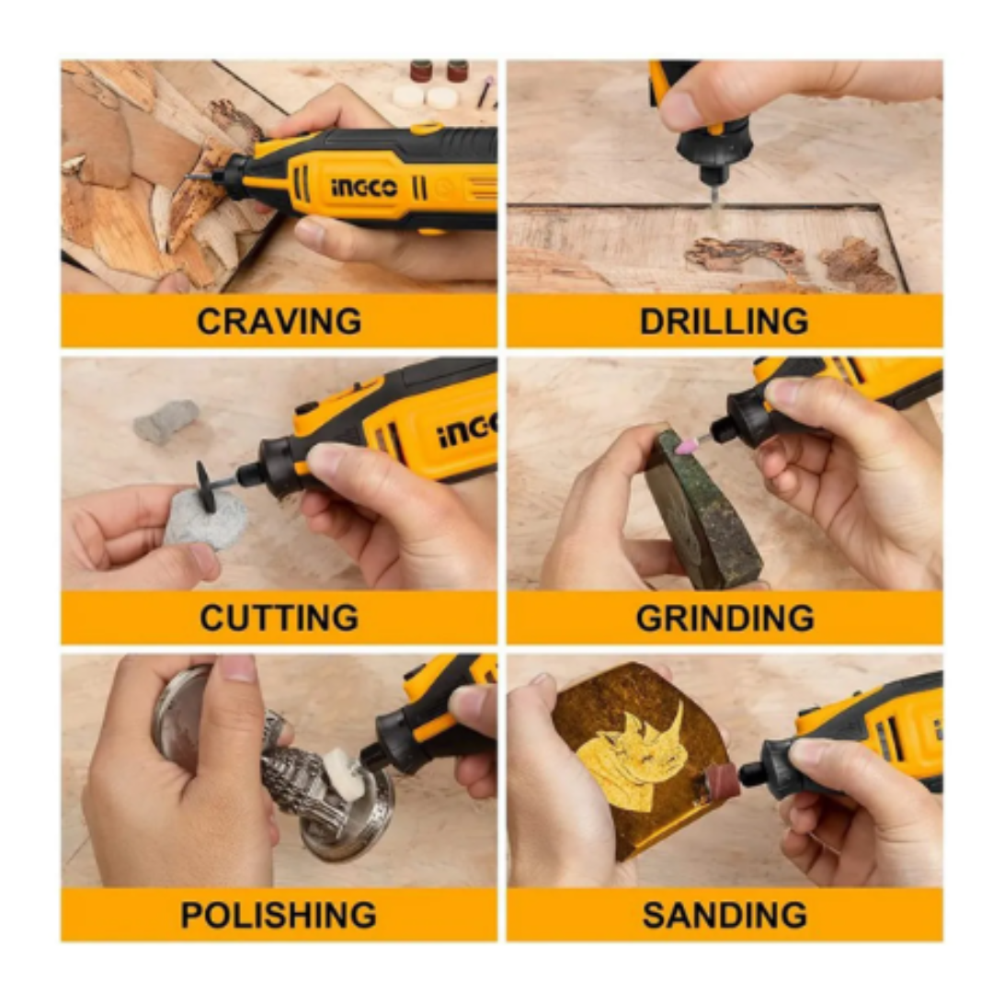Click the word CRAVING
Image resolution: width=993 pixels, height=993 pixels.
click(280, 321)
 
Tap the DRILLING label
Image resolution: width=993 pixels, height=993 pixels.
click(724, 321)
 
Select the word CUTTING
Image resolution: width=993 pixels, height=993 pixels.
click(280, 618)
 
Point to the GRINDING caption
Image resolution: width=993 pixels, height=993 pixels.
click(725, 618)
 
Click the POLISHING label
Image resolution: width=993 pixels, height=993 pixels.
click(279, 915)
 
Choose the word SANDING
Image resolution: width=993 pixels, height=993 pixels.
click(725, 915)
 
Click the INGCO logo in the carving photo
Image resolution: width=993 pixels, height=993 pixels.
click(364, 187)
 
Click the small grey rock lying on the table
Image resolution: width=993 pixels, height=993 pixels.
click(165, 421)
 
